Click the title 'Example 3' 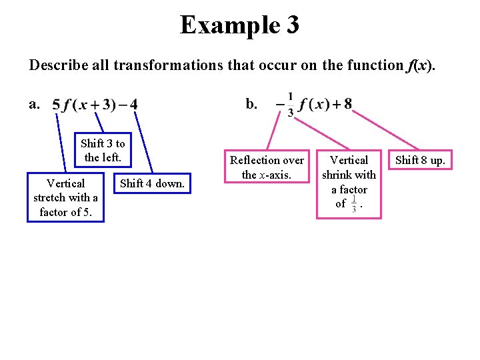(239, 25)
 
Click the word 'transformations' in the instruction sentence (155, 65)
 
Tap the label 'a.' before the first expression (34, 103)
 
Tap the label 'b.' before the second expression (251, 103)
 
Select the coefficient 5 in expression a (56, 105)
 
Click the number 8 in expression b (348, 104)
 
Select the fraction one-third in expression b (290, 105)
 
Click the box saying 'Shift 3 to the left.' (102, 151)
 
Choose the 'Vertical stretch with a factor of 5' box (65, 197)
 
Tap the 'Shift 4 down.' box (151, 183)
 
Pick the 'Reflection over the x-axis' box (267, 167)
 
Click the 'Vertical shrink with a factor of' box (349, 183)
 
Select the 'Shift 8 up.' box (420, 160)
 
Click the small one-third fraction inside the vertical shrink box (353, 203)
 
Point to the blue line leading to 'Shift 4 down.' (142, 143)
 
